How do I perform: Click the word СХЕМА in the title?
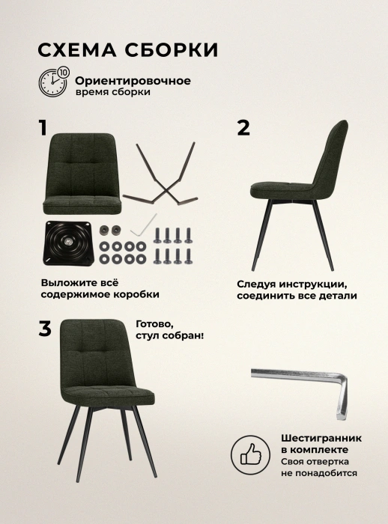point(77,50)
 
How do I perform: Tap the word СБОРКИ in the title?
point(172,50)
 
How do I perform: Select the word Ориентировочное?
point(133,81)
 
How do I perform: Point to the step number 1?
point(43,128)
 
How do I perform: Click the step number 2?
point(243,128)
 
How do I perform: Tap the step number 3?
point(45,329)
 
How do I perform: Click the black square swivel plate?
point(67,243)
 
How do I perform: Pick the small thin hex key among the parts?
point(144,225)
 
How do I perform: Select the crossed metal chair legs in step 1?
point(160,174)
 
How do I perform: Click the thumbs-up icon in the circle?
point(250,454)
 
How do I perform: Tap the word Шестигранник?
point(321,438)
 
